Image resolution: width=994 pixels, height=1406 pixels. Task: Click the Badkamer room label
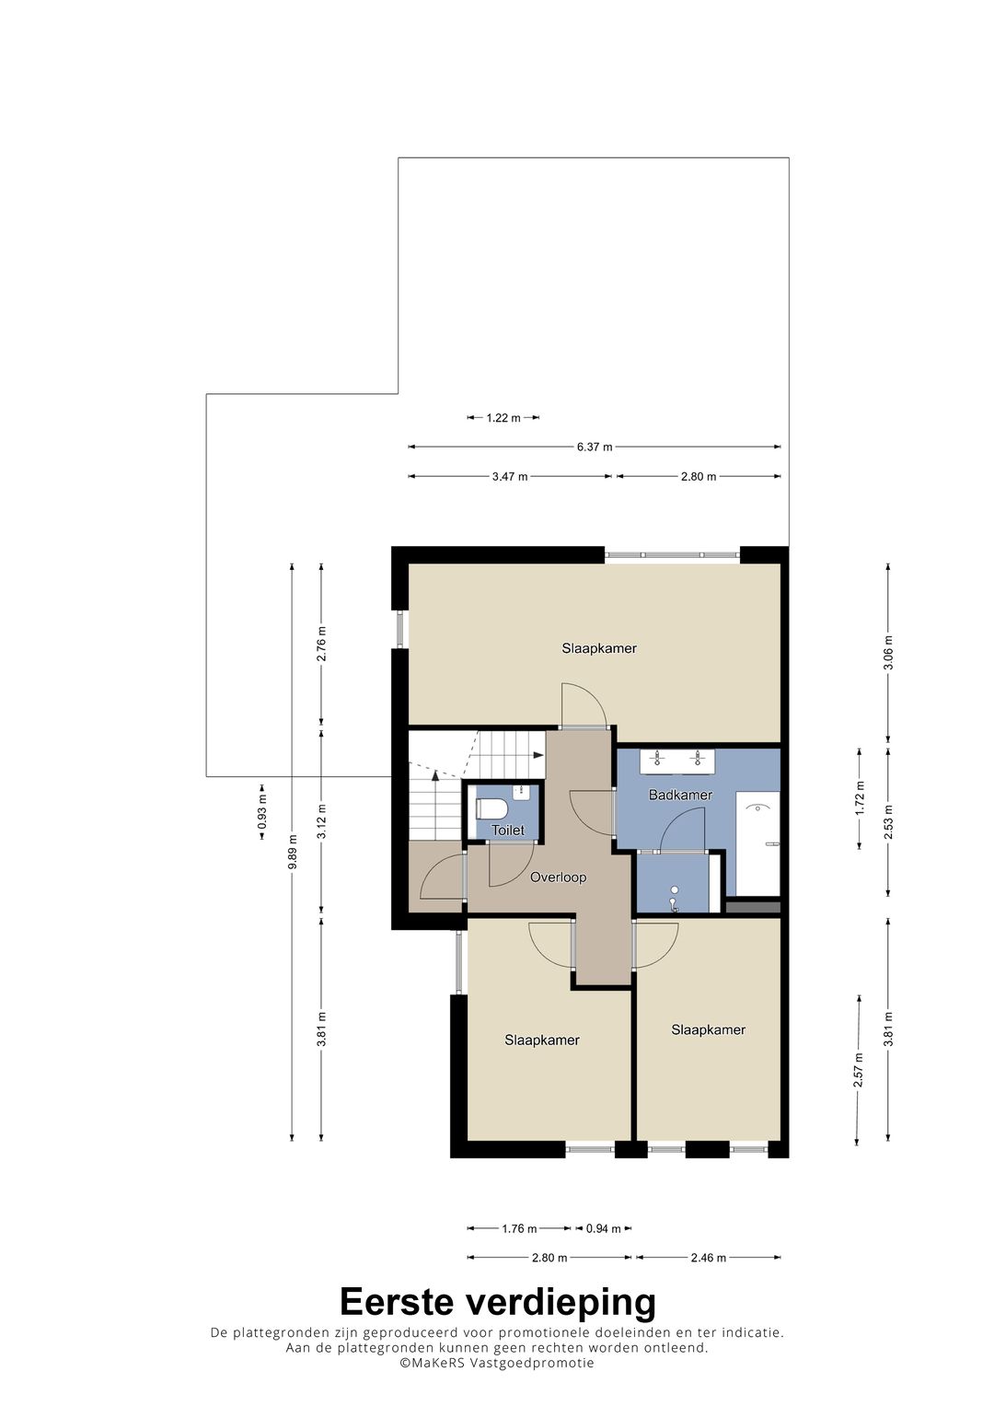click(x=680, y=795)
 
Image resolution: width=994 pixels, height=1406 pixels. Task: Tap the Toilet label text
click(x=508, y=830)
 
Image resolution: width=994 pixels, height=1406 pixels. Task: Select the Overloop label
click(x=558, y=877)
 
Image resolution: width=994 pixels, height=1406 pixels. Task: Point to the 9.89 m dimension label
click(x=293, y=852)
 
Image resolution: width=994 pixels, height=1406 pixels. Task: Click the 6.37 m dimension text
click(x=595, y=447)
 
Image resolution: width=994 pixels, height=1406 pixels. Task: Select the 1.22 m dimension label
click(x=503, y=417)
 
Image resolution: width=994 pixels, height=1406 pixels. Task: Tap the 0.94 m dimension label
click(x=603, y=1228)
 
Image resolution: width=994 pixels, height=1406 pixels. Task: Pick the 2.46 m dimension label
click(x=709, y=1258)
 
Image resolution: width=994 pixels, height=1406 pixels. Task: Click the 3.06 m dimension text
click(x=888, y=653)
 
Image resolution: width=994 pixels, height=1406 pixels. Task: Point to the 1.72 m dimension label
click(x=860, y=798)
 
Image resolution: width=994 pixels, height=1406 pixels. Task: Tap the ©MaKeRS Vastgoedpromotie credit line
click(x=497, y=1363)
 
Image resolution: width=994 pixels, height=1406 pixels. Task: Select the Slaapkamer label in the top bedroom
click(x=599, y=648)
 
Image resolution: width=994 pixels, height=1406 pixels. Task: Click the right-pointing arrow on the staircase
click(x=537, y=755)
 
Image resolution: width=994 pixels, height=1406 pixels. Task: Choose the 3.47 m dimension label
click(x=510, y=476)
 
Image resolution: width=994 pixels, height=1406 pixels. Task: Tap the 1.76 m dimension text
click(x=520, y=1228)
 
